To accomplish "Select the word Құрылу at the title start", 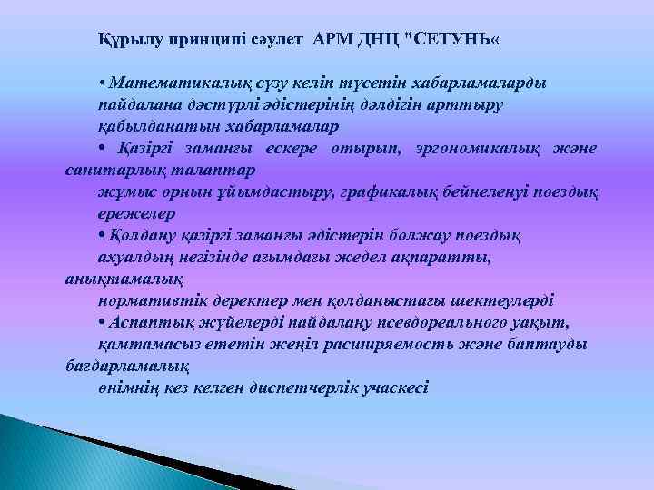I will pos(128,40).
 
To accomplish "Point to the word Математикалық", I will pos(164,84).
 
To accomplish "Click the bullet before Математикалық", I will pos(101,84).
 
